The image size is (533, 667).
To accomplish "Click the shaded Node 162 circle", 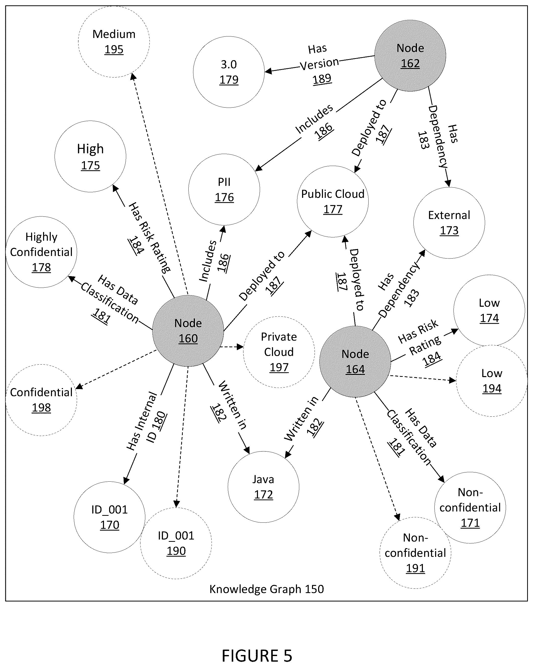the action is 410,56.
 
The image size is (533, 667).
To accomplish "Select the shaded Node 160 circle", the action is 188,331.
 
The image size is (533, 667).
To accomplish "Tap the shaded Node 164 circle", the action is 355,362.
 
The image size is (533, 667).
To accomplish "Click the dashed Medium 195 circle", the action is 114,42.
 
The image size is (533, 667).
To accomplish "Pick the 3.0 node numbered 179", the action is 229,72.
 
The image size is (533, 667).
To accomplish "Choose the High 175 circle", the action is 90,157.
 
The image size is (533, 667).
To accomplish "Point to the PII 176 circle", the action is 224,190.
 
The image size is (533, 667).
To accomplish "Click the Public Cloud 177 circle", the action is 333,201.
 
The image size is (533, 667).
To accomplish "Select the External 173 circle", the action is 449,223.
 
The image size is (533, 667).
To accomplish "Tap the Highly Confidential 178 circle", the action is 42,252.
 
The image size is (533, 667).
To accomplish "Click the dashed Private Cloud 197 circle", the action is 279,352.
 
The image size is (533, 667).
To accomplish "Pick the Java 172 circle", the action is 264,487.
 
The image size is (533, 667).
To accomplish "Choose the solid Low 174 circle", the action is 489,310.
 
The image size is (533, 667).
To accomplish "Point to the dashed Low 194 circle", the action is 492,381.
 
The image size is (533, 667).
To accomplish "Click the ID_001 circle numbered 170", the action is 110,517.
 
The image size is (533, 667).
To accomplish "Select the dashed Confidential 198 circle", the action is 42,400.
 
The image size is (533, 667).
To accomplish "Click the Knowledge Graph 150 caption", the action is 267,589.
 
